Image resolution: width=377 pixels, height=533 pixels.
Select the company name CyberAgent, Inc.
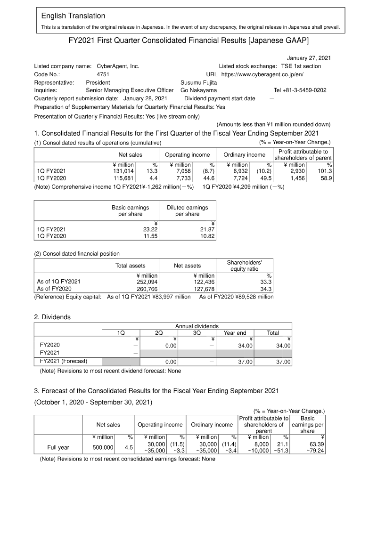coord(117,66)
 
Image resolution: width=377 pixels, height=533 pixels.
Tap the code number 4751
coord(103,74)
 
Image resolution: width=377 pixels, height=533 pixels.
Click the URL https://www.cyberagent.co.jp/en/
coord(262,74)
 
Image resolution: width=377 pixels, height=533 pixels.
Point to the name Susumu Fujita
coord(198,82)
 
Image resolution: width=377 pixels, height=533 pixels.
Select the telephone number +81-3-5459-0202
coord(300,90)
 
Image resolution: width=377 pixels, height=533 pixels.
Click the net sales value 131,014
coord(123,171)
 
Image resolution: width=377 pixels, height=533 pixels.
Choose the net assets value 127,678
coord(204,289)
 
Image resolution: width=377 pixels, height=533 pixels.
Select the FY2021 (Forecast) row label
coord(64,362)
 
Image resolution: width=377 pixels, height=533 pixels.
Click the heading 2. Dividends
coord(52,317)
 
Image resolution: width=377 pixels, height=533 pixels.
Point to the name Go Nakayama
coord(199,90)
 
